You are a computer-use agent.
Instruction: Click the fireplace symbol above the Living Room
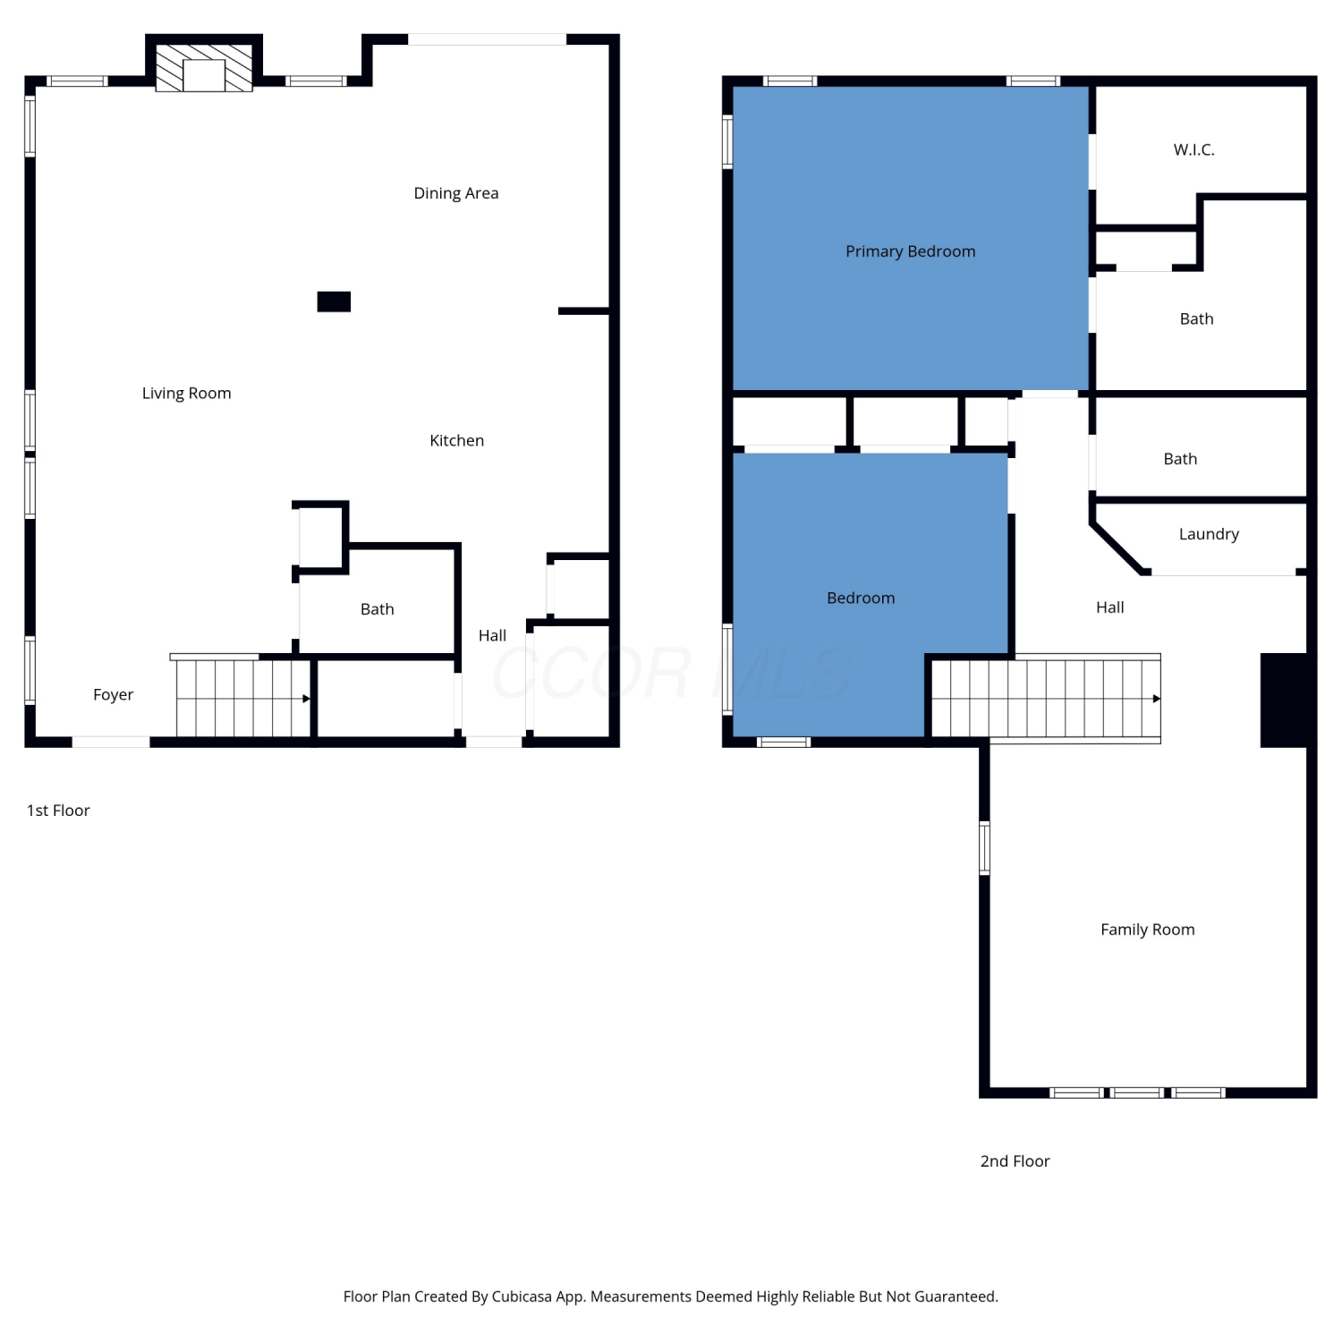204,67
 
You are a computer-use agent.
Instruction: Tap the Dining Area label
456,193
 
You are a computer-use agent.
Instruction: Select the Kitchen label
456,440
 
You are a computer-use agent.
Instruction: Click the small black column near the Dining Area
334,302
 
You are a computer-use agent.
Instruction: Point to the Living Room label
186,394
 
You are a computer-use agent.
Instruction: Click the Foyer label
113,695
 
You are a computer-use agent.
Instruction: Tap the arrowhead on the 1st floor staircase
306,699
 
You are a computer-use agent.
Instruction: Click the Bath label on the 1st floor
377,609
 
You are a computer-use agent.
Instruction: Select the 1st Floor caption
58,811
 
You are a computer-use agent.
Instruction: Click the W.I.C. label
1194,149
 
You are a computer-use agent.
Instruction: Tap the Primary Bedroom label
911,251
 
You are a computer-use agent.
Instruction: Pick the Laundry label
1209,534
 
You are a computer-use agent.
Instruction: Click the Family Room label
1148,930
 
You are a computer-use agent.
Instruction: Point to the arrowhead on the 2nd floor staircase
1157,699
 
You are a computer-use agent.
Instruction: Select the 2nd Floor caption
1015,1161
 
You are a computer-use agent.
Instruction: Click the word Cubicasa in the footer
522,1296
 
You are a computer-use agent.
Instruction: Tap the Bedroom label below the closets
861,598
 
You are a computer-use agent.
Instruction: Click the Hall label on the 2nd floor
1110,607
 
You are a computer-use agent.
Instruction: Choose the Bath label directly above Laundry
1180,459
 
